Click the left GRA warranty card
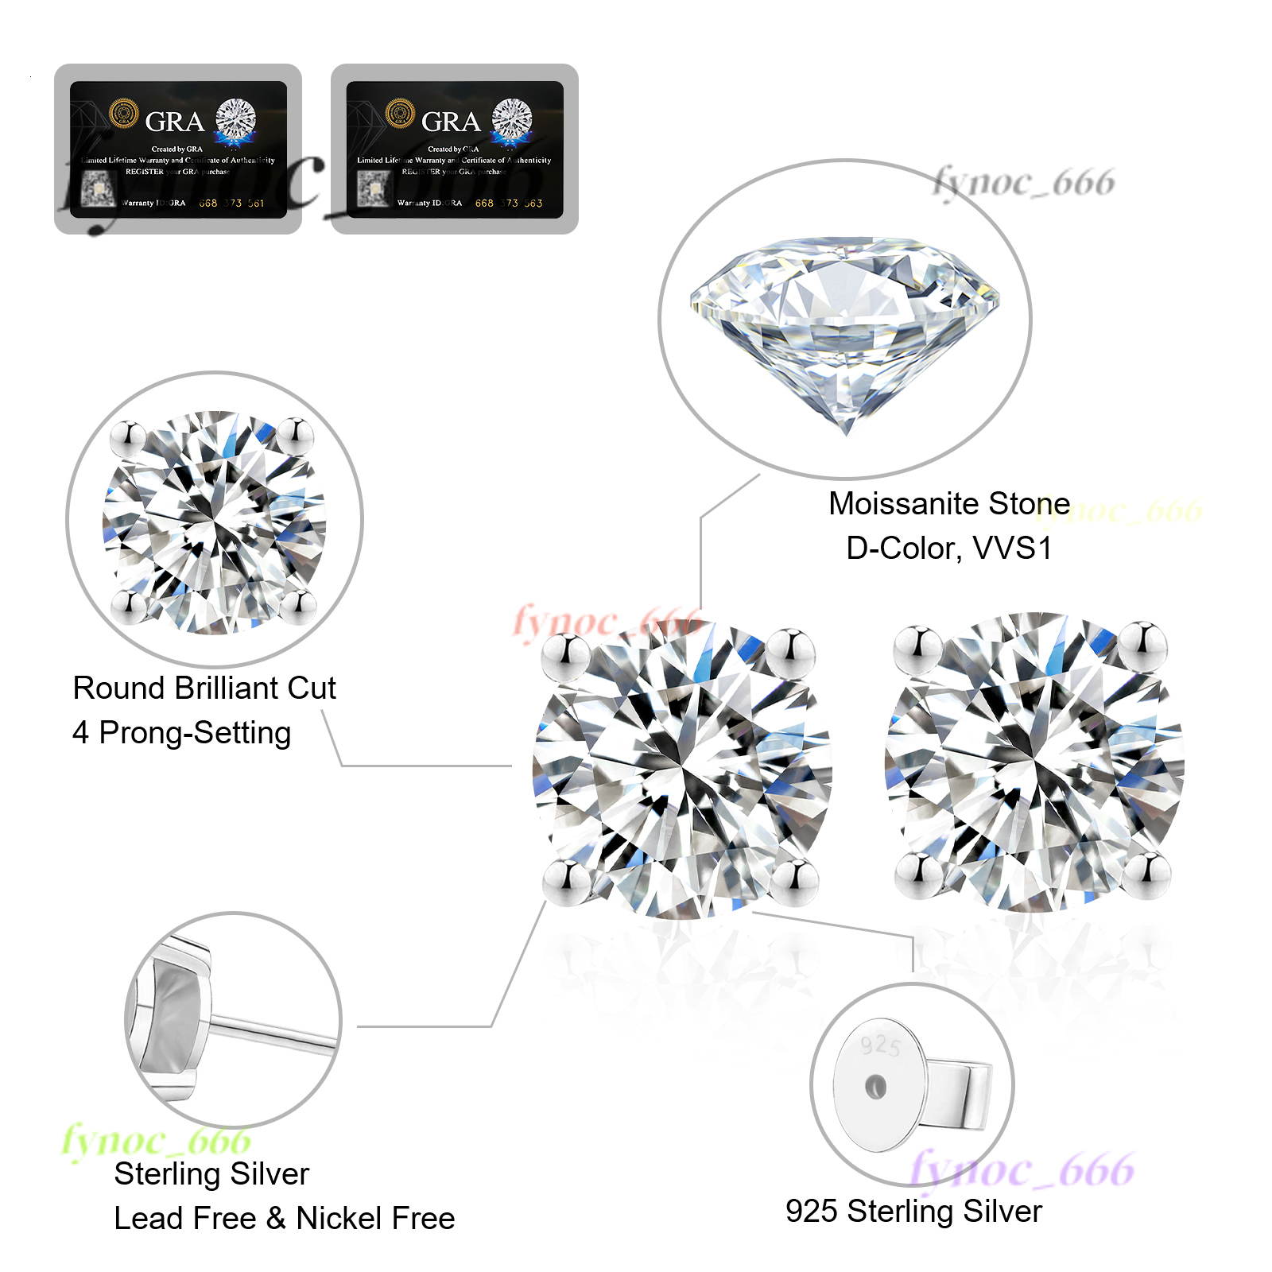pos(178,149)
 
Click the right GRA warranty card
pos(455,149)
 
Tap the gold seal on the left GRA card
pos(123,114)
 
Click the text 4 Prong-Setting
pos(181,733)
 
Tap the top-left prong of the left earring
pos(565,654)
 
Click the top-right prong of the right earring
pos(1143,644)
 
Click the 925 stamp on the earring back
pos(881,1045)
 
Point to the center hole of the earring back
pos(875,1087)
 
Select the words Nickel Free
pos(375,1219)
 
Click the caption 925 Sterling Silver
pos(913,1212)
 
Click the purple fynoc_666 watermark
pos(1022,1171)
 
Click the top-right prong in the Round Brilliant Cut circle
pos(296,434)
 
